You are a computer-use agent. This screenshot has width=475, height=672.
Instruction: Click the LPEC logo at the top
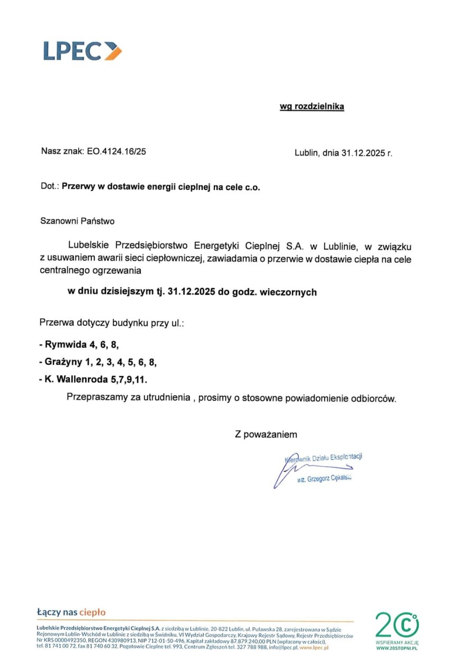click(x=82, y=51)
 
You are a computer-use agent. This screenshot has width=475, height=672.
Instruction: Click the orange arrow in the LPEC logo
click(x=113, y=51)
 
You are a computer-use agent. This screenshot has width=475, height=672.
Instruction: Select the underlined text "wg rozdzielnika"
click(x=311, y=107)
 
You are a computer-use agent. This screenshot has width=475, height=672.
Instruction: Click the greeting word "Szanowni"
click(x=58, y=221)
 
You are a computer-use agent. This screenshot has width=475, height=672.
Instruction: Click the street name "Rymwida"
click(x=65, y=345)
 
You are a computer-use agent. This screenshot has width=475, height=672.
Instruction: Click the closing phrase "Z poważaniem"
click(x=266, y=435)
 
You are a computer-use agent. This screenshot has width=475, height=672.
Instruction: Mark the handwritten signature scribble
click(x=286, y=470)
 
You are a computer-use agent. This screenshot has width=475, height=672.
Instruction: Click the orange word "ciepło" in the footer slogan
click(x=92, y=612)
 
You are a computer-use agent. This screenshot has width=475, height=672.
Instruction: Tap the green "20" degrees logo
click(x=397, y=625)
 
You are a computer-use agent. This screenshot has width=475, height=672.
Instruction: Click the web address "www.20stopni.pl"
click(x=397, y=647)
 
